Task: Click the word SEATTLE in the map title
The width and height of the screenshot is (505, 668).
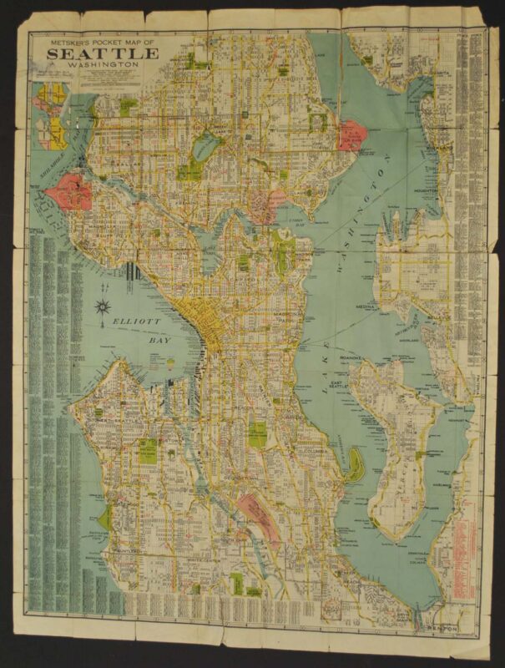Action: [103, 54]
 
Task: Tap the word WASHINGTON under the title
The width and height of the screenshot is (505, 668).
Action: [103, 66]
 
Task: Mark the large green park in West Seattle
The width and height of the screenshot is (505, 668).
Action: [149, 450]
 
